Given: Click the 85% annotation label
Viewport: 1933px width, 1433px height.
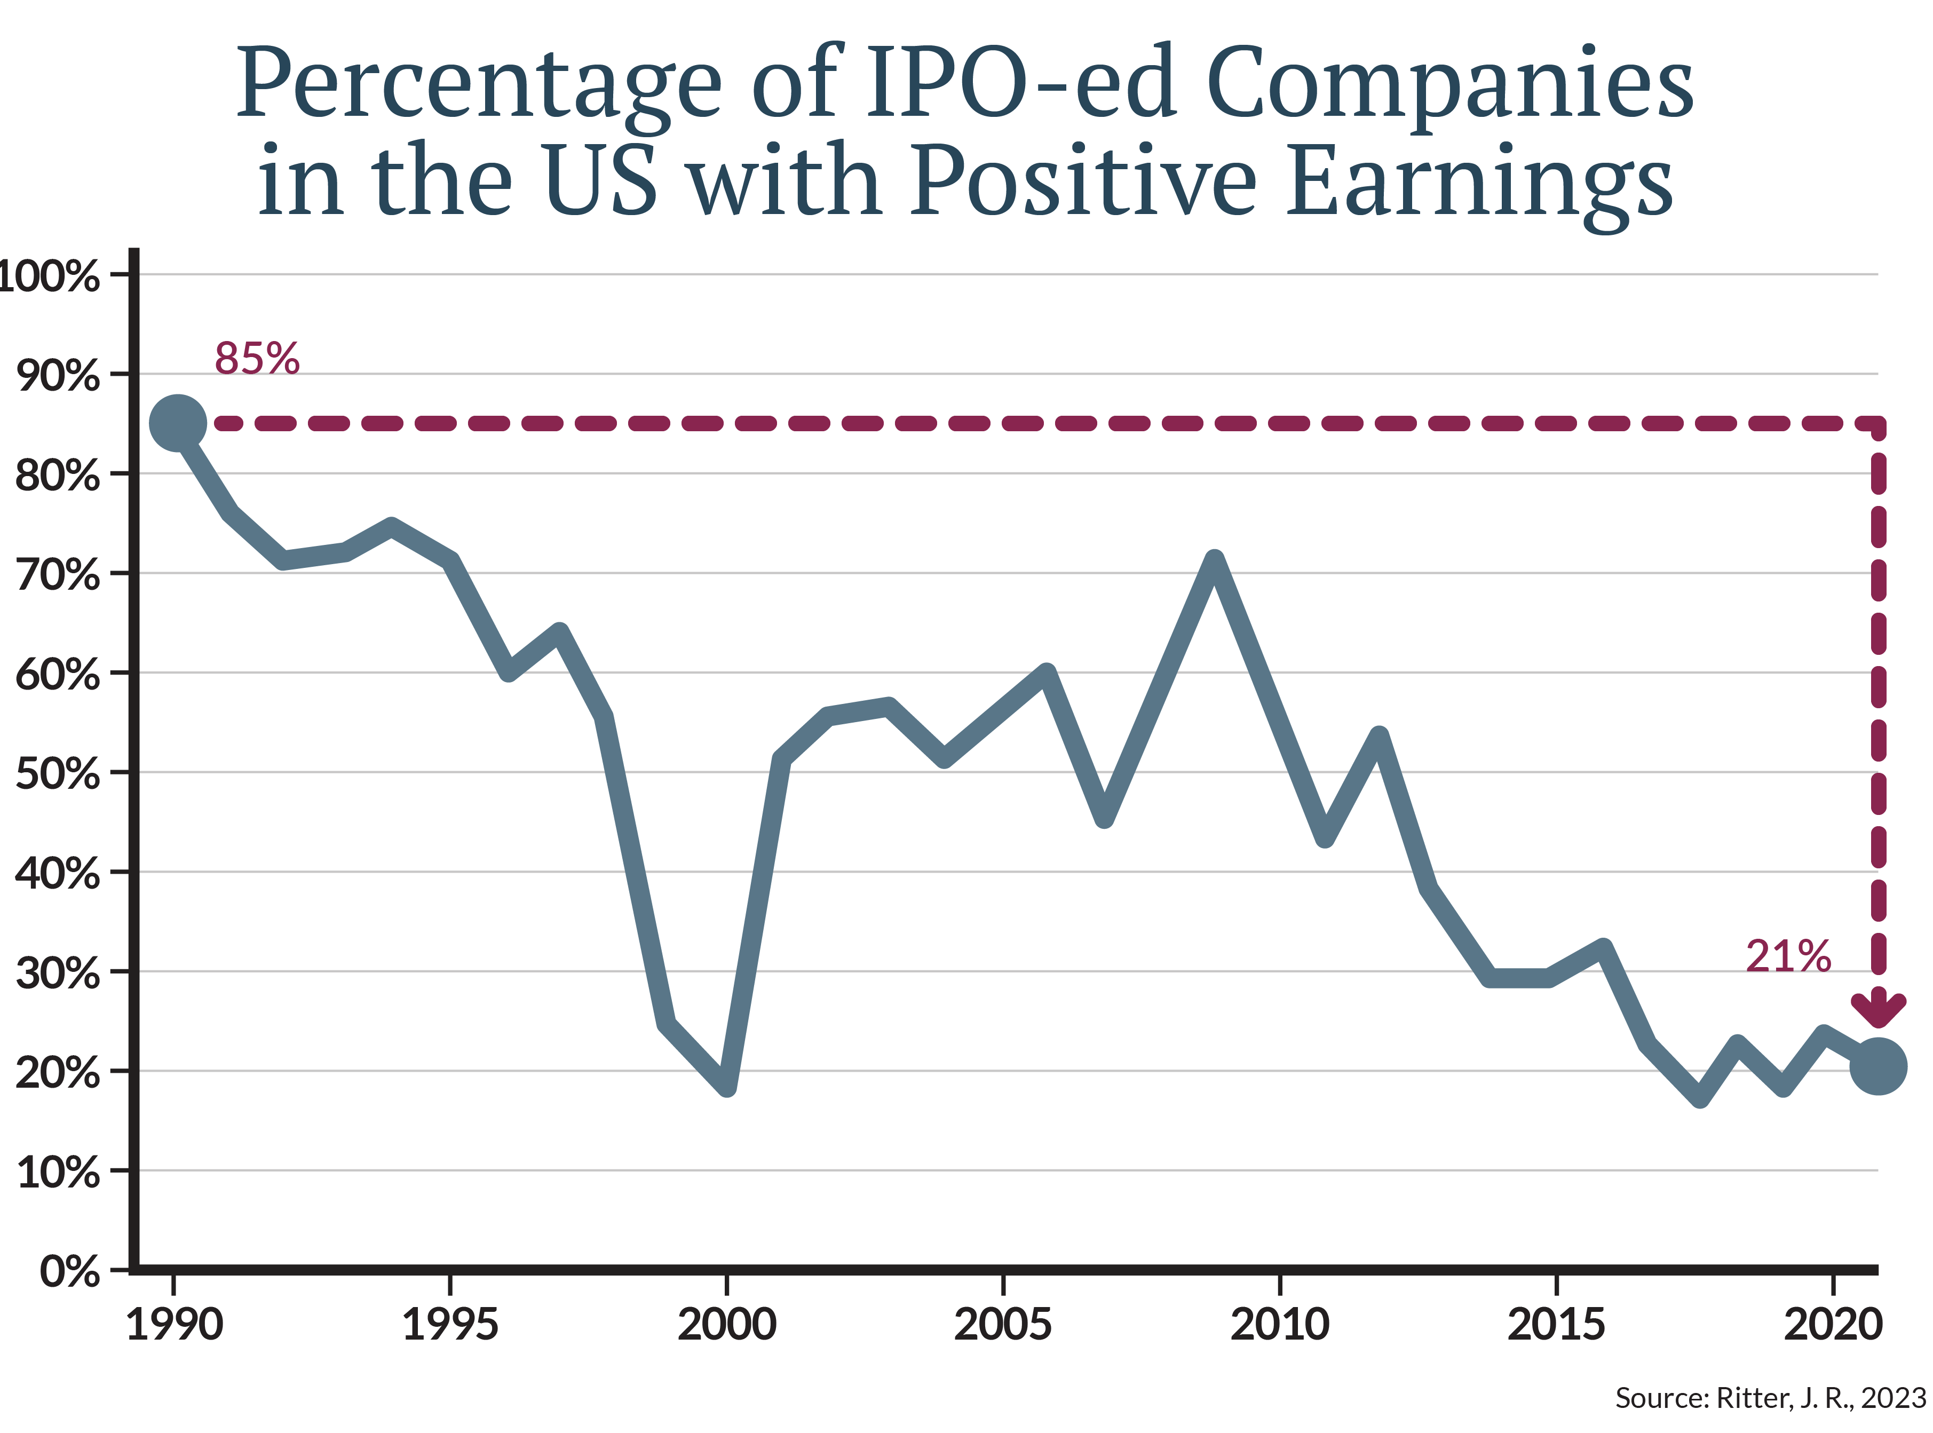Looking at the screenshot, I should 257,358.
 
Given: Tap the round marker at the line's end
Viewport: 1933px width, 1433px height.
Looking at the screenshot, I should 1877,1066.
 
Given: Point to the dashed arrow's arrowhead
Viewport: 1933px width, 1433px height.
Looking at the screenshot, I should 1877,1010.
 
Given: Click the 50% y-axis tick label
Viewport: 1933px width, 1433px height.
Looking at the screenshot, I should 57,773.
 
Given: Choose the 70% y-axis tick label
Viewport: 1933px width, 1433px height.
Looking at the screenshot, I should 57,574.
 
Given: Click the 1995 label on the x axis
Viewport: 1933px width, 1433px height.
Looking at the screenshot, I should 450,1325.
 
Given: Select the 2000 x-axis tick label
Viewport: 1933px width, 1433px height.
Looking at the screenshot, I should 727,1325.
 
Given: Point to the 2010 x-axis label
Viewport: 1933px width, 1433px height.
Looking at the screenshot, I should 1279,1325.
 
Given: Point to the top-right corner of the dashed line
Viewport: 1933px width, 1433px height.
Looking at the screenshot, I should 1877,423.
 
